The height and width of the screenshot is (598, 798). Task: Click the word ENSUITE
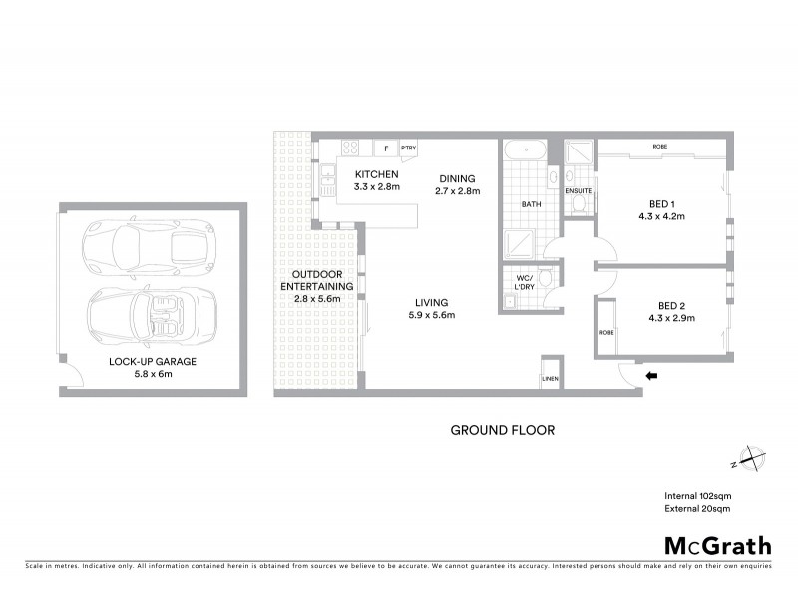pos(579,190)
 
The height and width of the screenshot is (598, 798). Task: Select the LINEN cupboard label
pos(551,379)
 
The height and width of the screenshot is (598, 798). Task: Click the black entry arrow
pos(652,376)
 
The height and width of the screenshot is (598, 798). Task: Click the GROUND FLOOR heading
pos(502,431)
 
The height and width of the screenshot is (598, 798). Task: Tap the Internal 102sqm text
pos(698,496)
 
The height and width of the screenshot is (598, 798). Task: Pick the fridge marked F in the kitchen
pos(386,149)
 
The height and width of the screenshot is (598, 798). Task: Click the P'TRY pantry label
pos(408,149)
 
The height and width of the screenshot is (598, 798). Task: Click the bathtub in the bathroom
pos(524,152)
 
